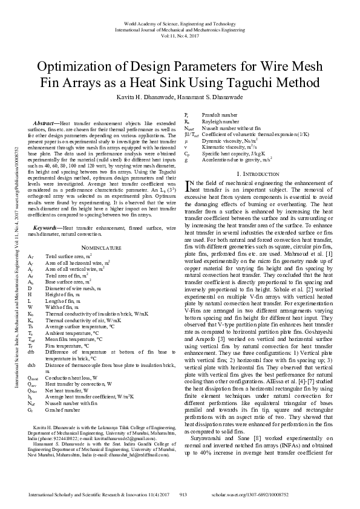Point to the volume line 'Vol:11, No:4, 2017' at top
pyautogui.click(x=180, y=35)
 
